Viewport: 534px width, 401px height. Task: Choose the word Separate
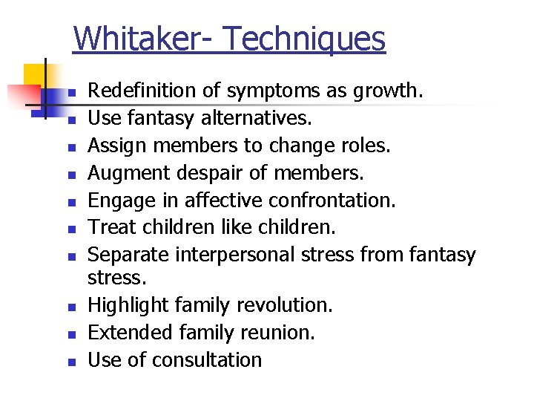129,255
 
